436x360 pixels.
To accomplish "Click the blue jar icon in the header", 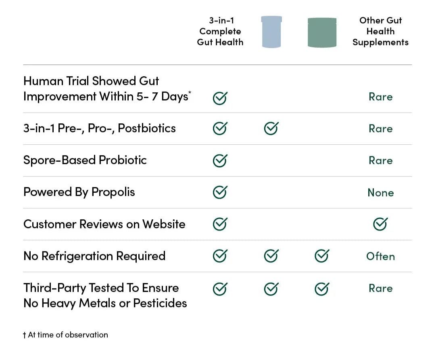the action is click(271, 32).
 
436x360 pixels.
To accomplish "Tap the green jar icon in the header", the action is click(322, 32).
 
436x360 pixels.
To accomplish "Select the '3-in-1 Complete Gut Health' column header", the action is click(220, 31).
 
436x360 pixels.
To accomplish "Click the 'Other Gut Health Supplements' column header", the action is click(380, 31).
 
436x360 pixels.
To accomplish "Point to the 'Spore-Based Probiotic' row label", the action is click(85, 160).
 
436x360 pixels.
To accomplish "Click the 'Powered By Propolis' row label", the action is click(79, 192).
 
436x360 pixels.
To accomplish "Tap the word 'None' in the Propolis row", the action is click(381, 192).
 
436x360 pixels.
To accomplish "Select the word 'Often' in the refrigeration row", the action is click(380, 256).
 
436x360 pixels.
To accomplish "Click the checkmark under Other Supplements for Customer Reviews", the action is click(380, 224).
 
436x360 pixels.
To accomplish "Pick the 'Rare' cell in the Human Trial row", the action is click(380, 97).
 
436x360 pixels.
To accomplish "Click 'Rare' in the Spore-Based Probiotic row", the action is click(380, 160).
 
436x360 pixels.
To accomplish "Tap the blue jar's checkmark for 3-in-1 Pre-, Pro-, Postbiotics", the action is click(271, 129).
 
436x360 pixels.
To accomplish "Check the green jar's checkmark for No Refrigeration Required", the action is click(322, 256).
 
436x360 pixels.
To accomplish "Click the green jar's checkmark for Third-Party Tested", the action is click(322, 289).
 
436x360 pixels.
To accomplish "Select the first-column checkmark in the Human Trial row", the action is click(220, 98).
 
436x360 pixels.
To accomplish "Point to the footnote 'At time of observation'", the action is click(68, 335).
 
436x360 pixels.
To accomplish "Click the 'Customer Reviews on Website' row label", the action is click(104, 224).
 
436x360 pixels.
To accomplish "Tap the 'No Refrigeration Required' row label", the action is click(94, 256).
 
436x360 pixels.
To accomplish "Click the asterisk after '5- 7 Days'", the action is click(190, 92).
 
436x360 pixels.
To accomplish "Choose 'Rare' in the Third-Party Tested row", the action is click(380, 288).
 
